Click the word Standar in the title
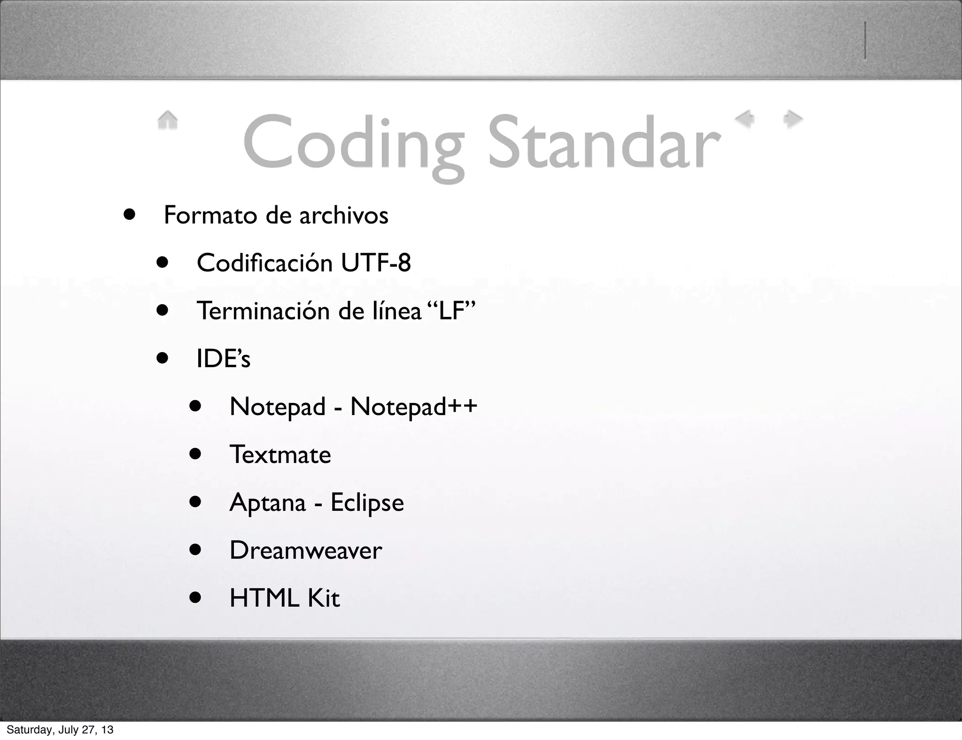click(x=604, y=143)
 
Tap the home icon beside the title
click(x=168, y=120)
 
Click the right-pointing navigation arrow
click(x=793, y=119)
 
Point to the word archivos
click(x=344, y=216)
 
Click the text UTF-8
click(x=376, y=262)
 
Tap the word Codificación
click(x=265, y=262)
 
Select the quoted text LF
click(x=452, y=311)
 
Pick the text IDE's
click(x=223, y=359)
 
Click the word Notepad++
click(x=414, y=407)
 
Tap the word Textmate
click(x=280, y=455)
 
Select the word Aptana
click(x=268, y=503)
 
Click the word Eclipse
click(x=367, y=503)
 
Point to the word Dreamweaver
click(x=305, y=550)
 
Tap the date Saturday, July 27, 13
click(x=60, y=730)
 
